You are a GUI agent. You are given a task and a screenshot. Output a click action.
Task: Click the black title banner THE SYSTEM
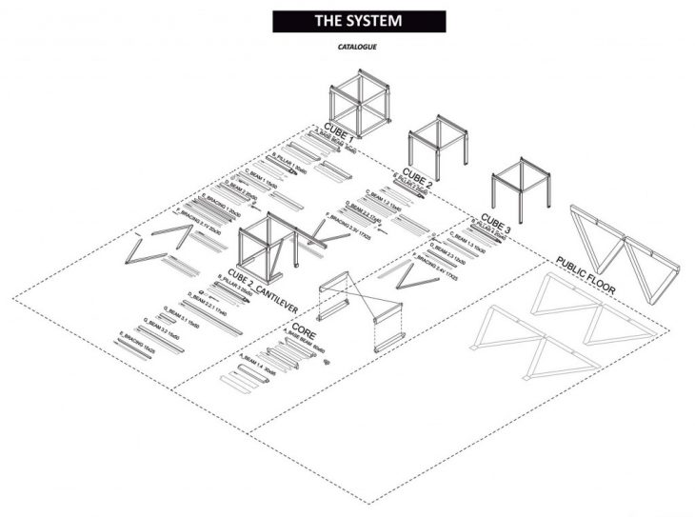(359, 21)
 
